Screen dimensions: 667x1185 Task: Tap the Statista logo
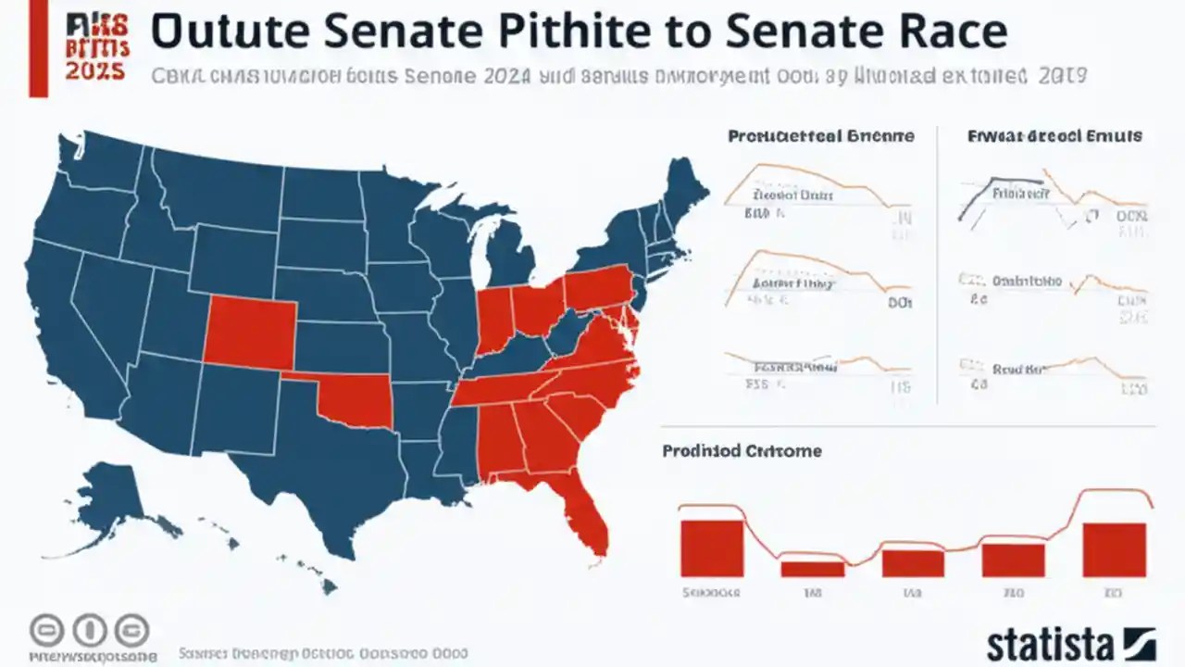tap(1070, 642)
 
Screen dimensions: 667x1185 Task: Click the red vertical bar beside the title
tap(38, 48)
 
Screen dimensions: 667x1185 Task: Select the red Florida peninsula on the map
tap(589, 519)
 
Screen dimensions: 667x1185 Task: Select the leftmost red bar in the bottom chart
tap(711, 548)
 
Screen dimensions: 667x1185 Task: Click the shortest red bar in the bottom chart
tap(812, 568)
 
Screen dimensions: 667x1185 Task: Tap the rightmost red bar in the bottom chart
tap(1114, 550)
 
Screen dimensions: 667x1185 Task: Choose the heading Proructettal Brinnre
tap(820, 136)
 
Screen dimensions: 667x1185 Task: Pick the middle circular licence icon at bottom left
tap(89, 631)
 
